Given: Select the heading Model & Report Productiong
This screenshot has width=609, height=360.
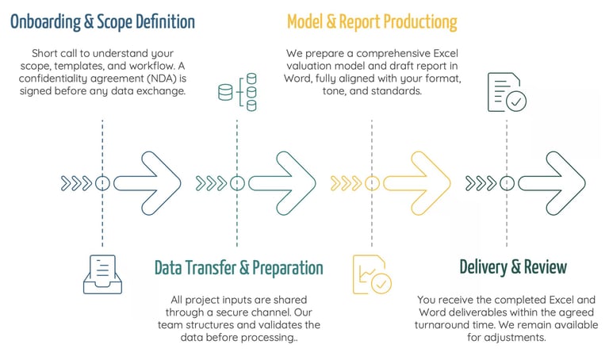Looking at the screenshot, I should coord(372,21).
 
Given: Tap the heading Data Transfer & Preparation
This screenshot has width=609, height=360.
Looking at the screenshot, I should coord(239,267).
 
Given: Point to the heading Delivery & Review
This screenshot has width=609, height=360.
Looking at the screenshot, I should coord(513,266).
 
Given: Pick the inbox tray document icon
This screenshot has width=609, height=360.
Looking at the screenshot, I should coord(102,274).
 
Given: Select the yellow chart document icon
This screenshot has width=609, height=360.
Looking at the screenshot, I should coord(372,274).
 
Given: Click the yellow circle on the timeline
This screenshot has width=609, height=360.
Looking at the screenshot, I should coord(372,184).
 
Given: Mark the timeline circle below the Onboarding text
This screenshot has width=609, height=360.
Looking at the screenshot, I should coord(102,184).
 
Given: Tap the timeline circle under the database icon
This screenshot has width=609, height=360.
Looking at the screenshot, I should coord(237,184).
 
